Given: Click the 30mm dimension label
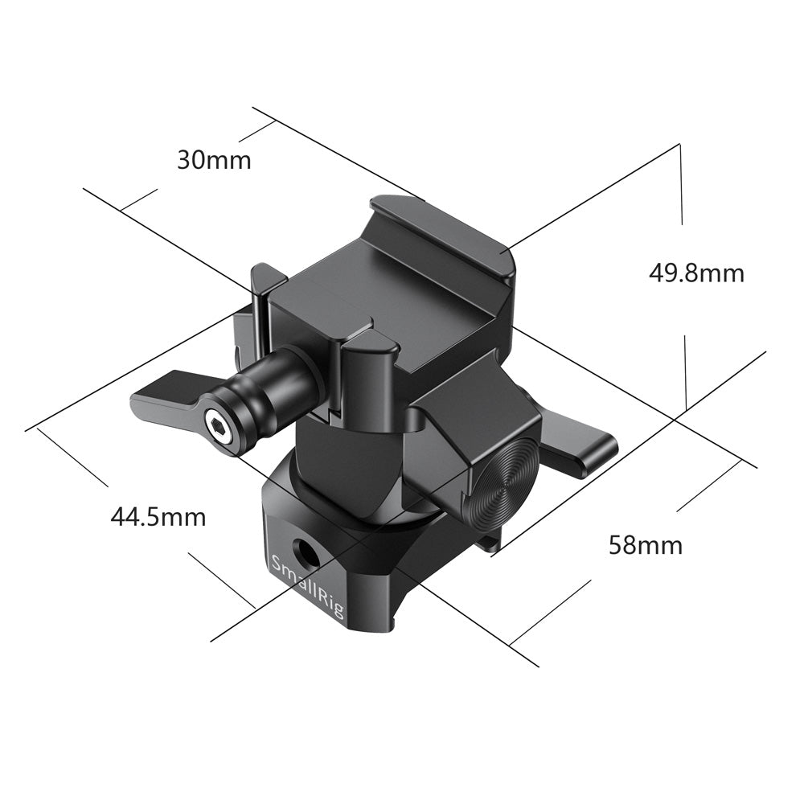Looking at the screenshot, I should [x=214, y=160].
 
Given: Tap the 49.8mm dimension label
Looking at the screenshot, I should [x=696, y=273].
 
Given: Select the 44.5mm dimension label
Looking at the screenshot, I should [x=158, y=516].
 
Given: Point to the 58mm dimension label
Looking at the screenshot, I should [x=645, y=545].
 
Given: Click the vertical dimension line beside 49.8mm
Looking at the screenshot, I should [x=681, y=185].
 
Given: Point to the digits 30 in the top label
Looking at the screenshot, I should [x=190, y=160].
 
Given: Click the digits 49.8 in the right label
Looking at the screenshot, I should [x=673, y=273].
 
